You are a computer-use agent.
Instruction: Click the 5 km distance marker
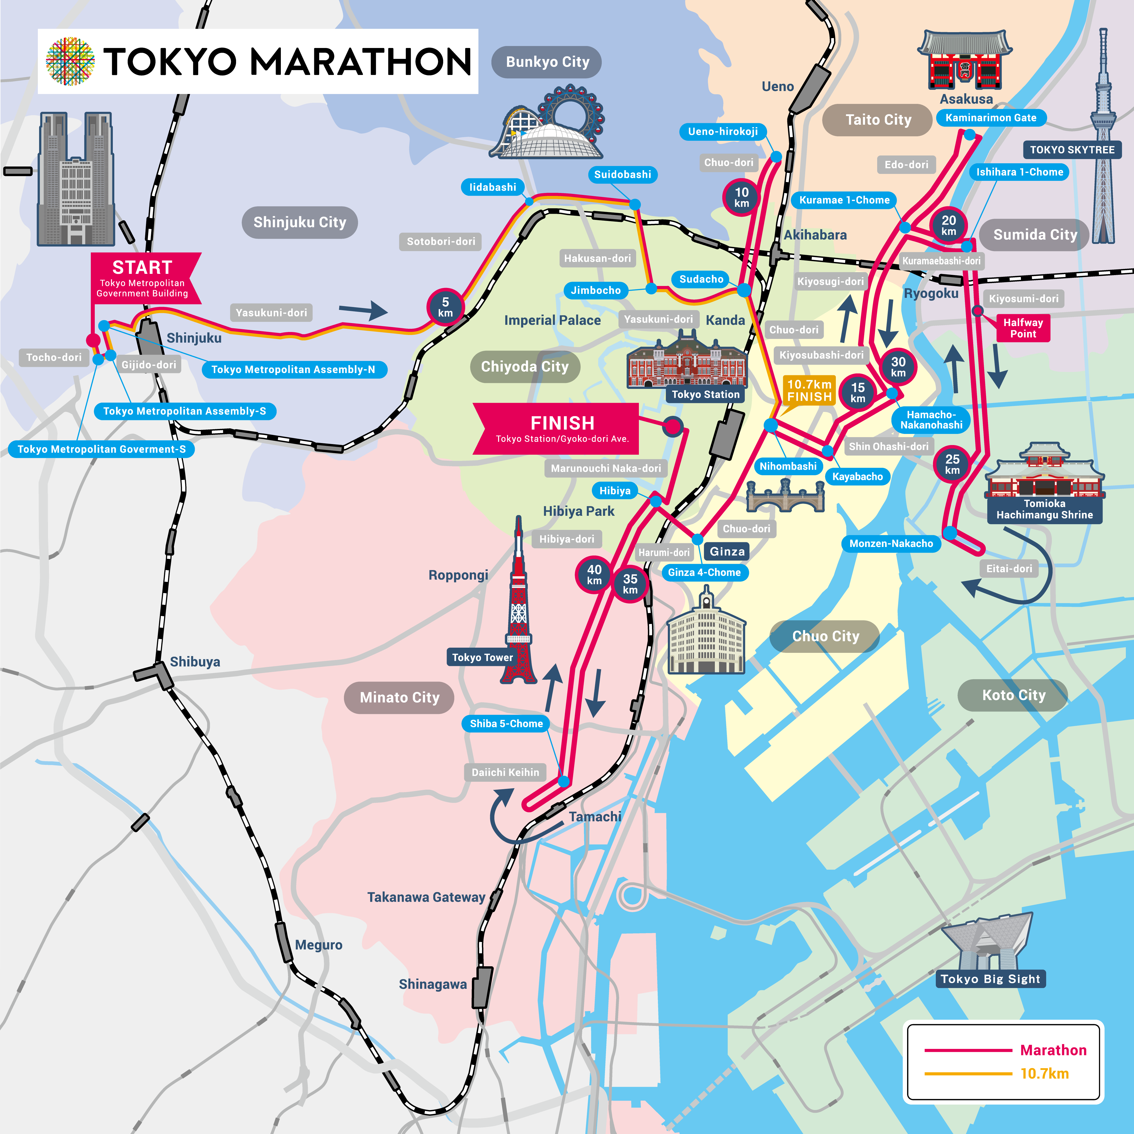point(445,307)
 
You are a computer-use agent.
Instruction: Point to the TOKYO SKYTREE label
point(1072,150)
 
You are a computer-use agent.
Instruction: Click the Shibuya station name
point(195,661)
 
